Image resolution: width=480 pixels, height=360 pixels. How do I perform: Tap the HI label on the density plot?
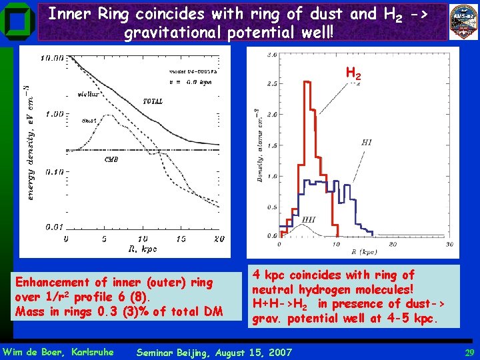(367, 142)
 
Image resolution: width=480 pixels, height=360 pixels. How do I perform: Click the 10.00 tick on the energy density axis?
(52, 58)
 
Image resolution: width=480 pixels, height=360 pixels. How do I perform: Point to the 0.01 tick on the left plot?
(54, 227)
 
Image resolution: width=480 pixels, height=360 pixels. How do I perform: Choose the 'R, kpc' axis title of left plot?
(142, 249)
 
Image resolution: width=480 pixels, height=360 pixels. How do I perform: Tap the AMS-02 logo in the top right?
(464, 21)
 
